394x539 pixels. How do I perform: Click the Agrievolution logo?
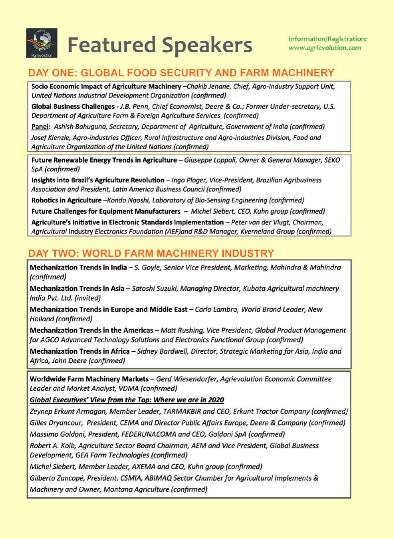tap(42, 43)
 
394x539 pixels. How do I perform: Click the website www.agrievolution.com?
tap(325, 48)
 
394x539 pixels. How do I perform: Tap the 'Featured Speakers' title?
tap(160, 45)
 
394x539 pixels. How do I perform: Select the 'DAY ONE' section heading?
tap(181, 73)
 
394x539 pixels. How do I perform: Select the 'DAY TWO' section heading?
tap(151, 253)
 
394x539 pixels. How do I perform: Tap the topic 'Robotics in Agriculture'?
tap(66, 200)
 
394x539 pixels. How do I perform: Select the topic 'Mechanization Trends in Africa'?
tap(80, 351)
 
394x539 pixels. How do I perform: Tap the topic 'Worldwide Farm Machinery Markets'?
tap(89, 379)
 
